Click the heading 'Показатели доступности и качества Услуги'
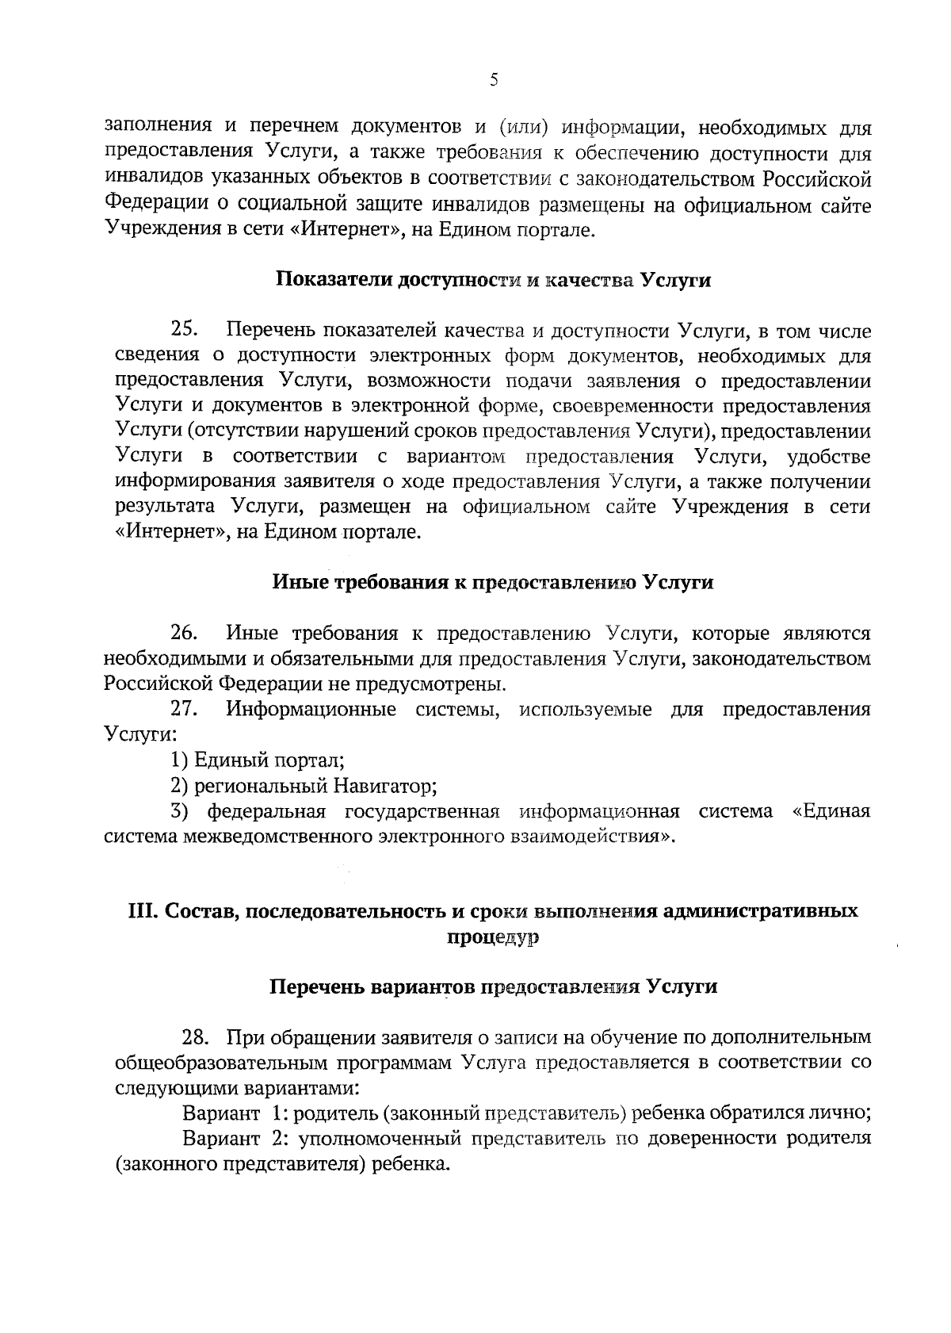coord(493,280)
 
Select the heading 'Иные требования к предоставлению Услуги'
coord(493,583)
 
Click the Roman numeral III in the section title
coord(143,911)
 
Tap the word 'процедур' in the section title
coord(493,937)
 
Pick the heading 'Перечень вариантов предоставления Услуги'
coord(493,987)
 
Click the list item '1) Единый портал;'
coord(258,760)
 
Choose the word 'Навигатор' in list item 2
coord(383,786)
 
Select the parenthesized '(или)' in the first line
coord(524,127)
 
